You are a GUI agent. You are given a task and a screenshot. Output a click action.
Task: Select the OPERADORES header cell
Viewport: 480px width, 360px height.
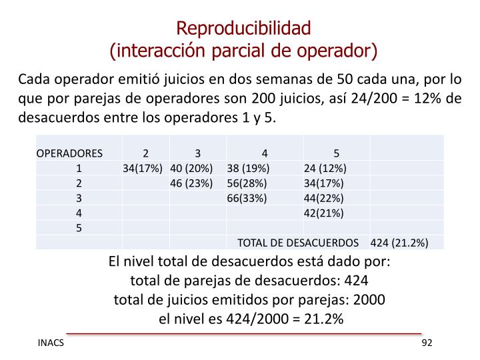(x=69, y=153)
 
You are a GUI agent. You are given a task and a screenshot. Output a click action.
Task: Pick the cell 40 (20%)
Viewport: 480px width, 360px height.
(x=191, y=167)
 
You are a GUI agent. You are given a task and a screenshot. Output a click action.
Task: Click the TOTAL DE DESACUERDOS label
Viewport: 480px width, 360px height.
(x=298, y=242)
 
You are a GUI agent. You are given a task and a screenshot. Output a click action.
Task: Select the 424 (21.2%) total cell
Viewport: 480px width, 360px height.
(x=399, y=242)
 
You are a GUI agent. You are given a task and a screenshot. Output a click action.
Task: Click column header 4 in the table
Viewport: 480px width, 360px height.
(x=265, y=153)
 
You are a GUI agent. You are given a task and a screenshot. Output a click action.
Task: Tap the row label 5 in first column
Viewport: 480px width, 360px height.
(x=79, y=228)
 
